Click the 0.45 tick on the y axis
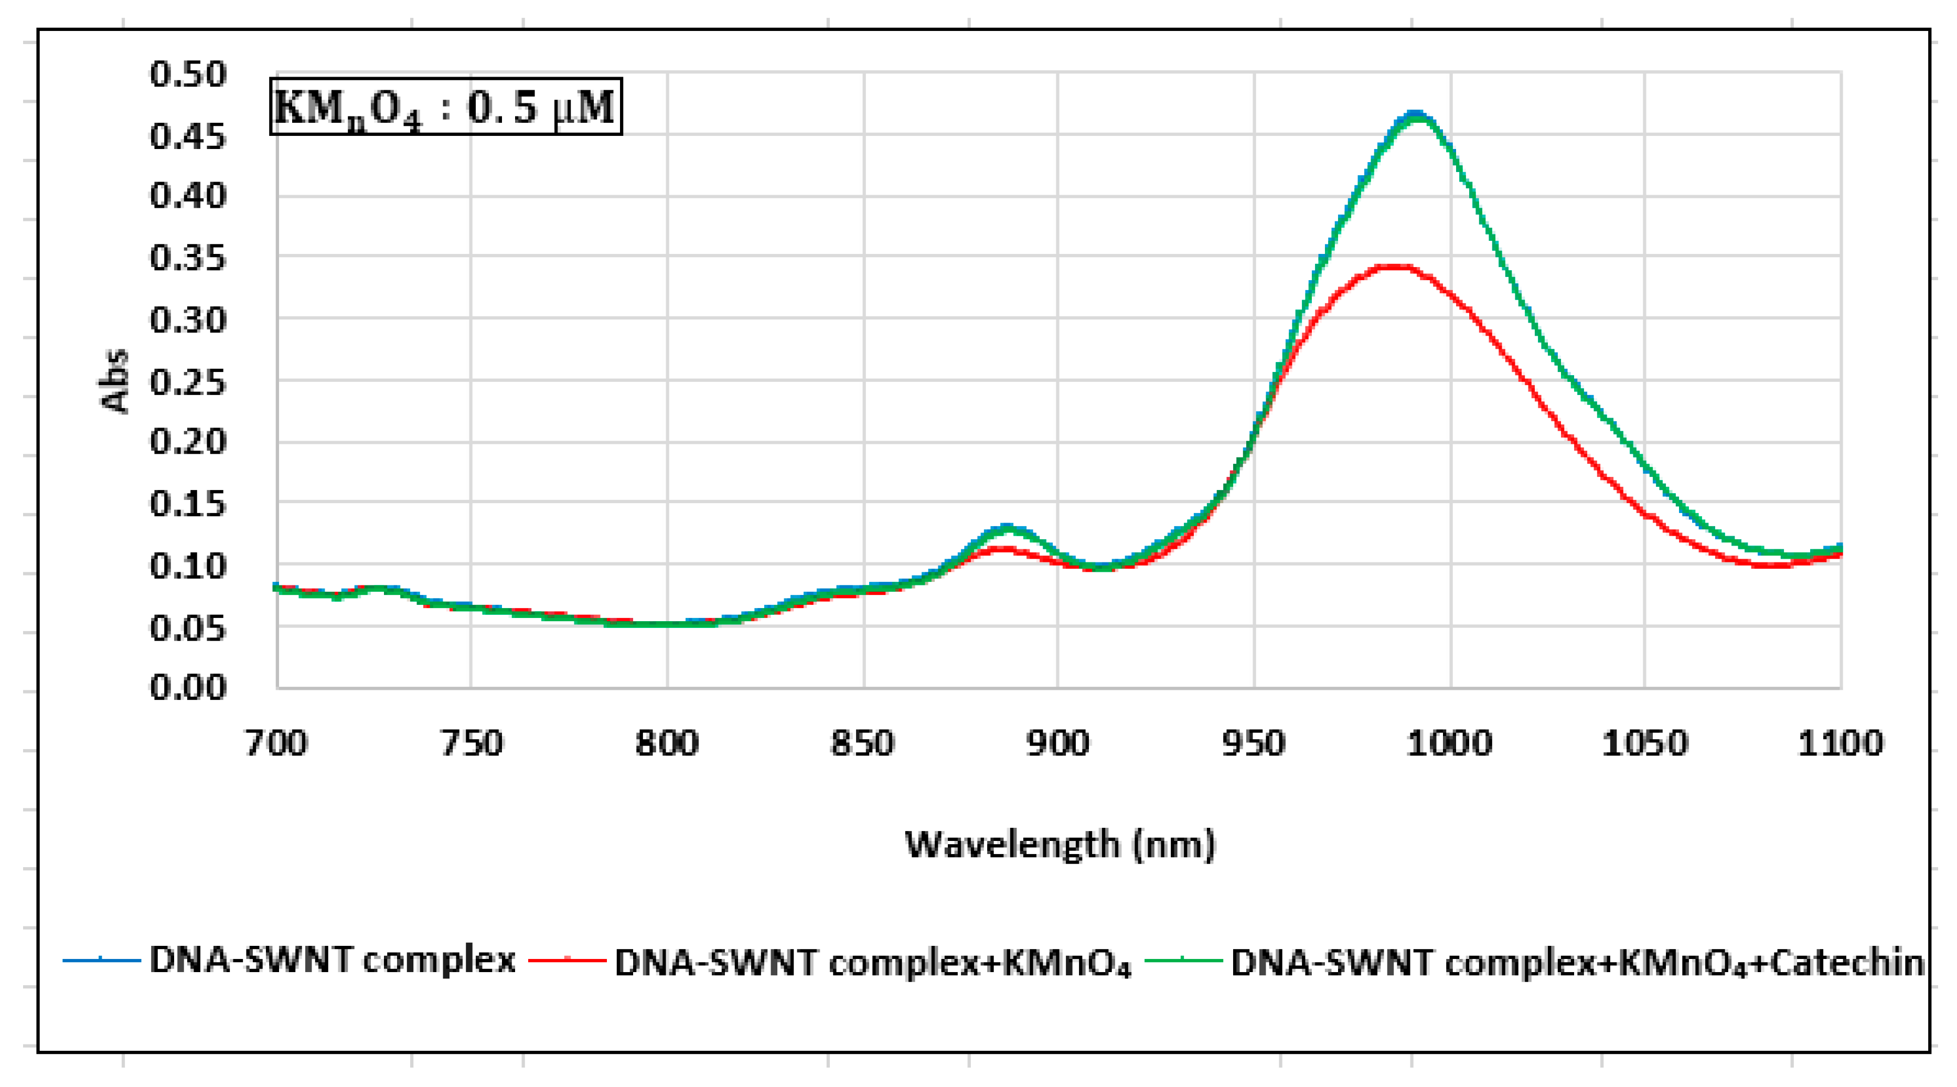click(188, 137)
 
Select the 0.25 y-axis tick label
click(188, 382)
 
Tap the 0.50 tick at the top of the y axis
click(188, 75)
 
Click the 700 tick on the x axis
click(276, 743)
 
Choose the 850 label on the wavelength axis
click(862, 743)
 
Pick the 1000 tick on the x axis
click(1449, 743)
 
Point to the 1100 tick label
click(1840, 743)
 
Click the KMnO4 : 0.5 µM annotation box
click(446, 106)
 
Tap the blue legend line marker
click(101, 961)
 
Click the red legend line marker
click(566, 961)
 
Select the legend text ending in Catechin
click(1576, 963)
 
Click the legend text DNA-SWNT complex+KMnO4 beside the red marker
click(873, 963)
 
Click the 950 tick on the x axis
click(1254, 743)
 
